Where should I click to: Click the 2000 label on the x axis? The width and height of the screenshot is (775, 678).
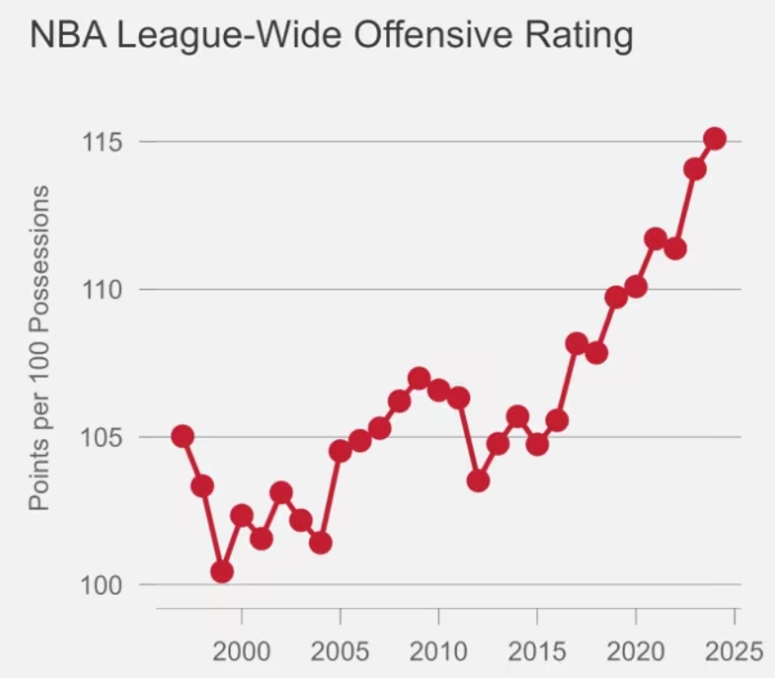242,650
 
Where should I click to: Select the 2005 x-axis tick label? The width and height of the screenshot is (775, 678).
340,650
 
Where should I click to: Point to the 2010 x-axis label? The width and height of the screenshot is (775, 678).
439,650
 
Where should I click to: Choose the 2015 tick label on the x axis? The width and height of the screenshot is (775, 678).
538,650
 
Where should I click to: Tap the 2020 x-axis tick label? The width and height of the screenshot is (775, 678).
636,650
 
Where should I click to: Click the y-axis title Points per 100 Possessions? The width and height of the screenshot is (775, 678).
39,349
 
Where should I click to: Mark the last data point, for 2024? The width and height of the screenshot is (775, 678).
714,139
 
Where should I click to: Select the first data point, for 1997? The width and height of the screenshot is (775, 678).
183,436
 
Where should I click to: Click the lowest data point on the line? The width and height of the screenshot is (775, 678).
222,571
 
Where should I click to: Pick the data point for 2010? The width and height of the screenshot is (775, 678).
439,390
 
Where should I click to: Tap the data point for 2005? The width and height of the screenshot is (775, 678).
340,451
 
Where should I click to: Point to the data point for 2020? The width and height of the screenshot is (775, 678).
636,287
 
